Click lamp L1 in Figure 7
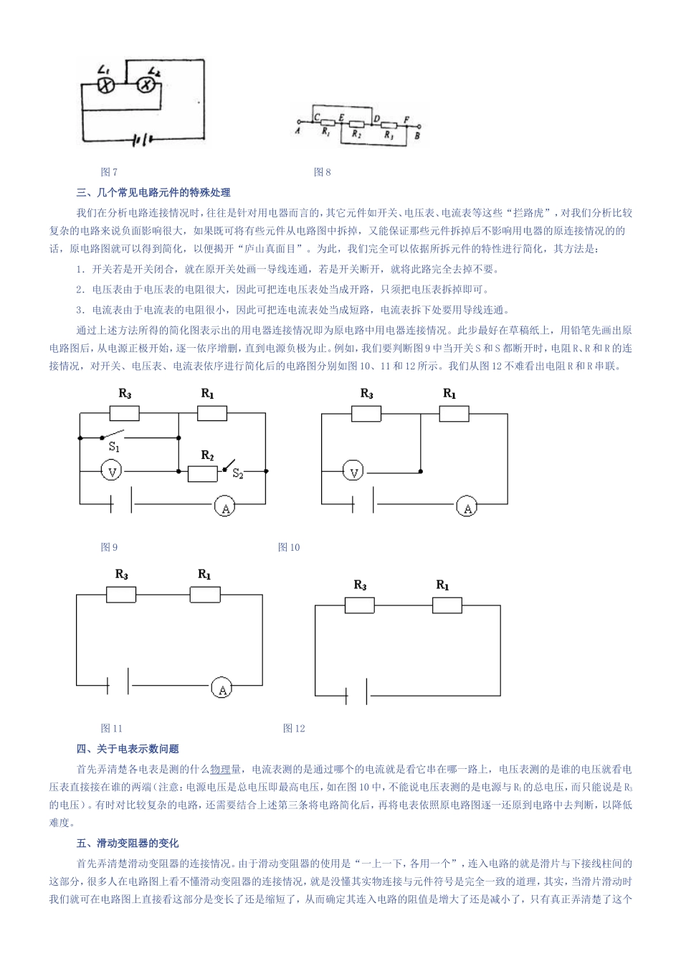[x=107, y=86]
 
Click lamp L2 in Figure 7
[x=146, y=86]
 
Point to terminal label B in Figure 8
[x=418, y=134]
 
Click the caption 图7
[x=109, y=172]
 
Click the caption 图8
[x=323, y=172]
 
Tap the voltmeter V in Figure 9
[x=113, y=471]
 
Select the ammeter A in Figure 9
[x=225, y=507]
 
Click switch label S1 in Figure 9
[x=114, y=447]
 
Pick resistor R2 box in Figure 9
[x=202, y=473]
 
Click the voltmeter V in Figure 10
[x=353, y=471]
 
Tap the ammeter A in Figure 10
[x=467, y=507]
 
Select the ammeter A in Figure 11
[x=222, y=689]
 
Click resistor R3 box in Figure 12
[x=359, y=605]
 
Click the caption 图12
[x=294, y=728]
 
